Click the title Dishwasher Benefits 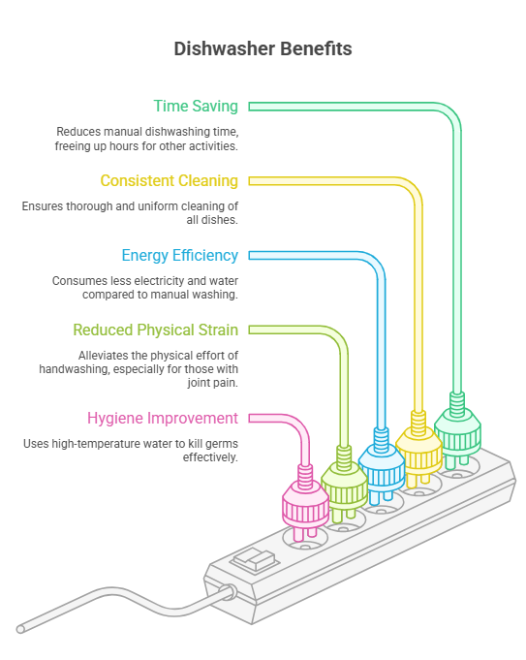[x=263, y=48]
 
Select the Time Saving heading [x=196, y=106]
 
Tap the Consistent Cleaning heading [x=169, y=180]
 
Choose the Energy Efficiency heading [x=179, y=255]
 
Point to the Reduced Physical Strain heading [x=155, y=330]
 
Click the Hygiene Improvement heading [x=162, y=418]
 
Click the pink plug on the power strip [x=304, y=504]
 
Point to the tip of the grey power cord [x=21, y=629]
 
